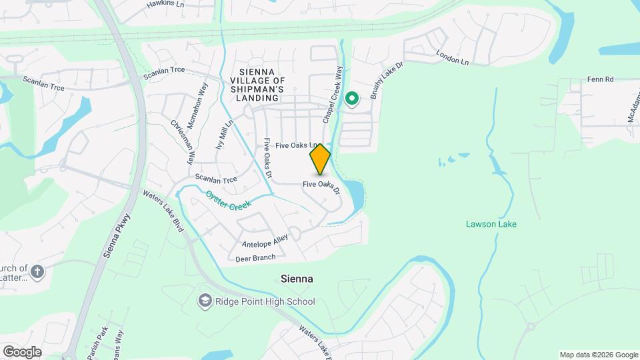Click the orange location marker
[320, 159]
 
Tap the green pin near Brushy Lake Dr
[351, 99]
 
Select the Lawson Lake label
[491, 224]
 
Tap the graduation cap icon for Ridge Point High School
[205, 302]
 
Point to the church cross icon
[37, 271]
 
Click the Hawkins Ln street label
[165, 5]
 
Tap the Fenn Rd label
[600, 79]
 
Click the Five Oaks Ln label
[294, 145]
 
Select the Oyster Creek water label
[228, 201]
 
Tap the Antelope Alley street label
[265, 241]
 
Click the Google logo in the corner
[22, 351]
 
